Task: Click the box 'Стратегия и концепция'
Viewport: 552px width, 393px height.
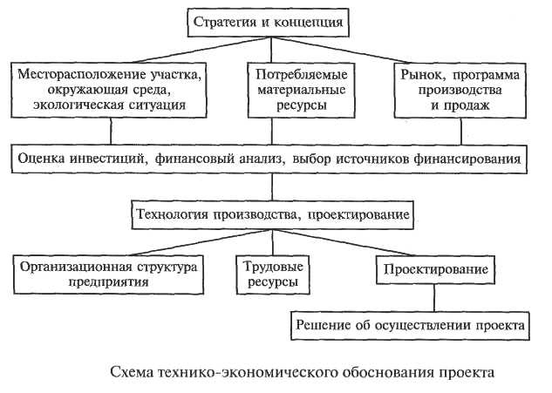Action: coord(268,23)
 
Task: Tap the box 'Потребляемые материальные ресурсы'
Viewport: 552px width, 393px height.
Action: coord(302,90)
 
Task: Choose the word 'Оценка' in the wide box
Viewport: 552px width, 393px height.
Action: coord(41,159)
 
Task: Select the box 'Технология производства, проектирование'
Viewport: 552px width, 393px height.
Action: coord(272,215)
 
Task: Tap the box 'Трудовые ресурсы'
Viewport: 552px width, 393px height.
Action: coord(273,274)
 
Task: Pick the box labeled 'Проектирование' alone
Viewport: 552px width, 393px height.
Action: coord(435,269)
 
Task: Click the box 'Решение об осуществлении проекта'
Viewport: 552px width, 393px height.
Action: coord(410,325)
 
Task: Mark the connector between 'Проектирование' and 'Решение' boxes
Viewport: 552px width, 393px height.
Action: coord(434,298)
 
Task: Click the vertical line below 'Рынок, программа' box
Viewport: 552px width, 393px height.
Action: coord(460,131)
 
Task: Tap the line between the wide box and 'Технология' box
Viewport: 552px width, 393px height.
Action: coord(272,187)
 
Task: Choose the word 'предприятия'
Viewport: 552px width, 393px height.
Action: coord(108,282)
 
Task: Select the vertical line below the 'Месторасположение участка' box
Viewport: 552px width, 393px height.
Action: coord(111,131)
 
